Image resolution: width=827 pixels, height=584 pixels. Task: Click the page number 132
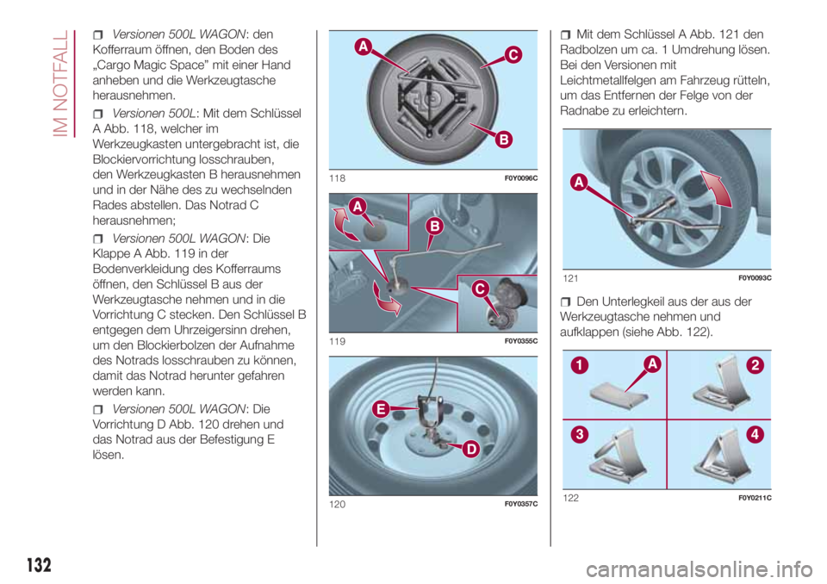[39, 564]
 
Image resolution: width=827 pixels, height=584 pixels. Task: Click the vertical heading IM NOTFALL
[61, 84]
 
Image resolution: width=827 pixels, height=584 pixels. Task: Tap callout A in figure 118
[364, 47]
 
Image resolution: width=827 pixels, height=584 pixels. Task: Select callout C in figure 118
[513, 55]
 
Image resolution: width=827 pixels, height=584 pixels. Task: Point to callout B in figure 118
[504, 140]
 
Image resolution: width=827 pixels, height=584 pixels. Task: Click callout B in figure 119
[435, 227]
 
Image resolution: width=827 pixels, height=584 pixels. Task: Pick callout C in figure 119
[480, 289]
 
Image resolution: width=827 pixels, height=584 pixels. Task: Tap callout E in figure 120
[381, 409]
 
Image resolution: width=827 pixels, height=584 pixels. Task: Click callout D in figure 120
[471, 450]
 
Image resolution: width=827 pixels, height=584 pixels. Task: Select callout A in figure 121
[579, 183]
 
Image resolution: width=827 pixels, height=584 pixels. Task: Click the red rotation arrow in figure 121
[716, 189]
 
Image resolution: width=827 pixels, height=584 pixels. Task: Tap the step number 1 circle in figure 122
[579, 365]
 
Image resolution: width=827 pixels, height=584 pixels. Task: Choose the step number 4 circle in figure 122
[755, 435]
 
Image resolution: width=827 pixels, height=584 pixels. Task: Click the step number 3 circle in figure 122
[579, 435]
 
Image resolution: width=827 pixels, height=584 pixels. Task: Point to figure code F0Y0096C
[520, 178]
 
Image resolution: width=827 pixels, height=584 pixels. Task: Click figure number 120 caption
[337, 505]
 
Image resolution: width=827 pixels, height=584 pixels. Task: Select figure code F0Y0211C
[755, 498]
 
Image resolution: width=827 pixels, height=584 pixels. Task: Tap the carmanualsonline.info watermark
[699, 569]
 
